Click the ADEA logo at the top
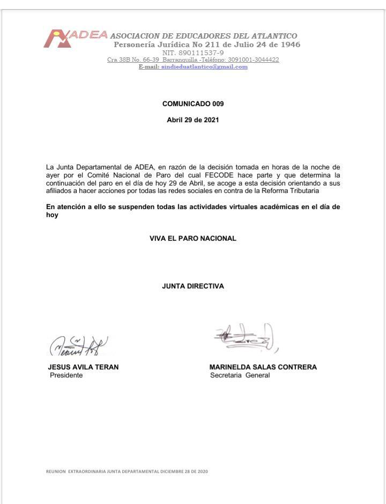75,38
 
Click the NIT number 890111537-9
193,53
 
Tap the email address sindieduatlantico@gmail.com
204,67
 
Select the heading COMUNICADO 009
193,104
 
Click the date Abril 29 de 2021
193,120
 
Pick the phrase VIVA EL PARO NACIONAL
193,239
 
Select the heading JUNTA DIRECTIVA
193,286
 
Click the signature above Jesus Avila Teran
78,346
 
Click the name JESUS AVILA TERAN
83,367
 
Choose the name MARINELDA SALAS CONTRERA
263,367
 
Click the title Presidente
66,375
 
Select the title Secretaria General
240,375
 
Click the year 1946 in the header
288,45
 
